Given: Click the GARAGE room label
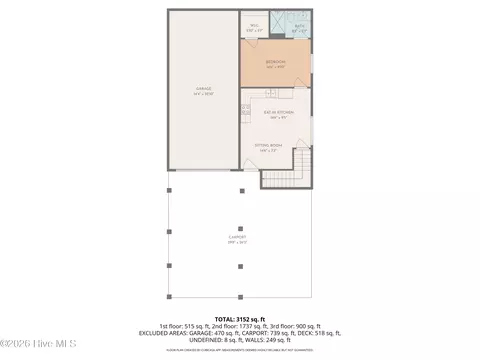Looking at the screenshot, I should (203, 90).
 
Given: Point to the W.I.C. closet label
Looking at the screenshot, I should (254, 29).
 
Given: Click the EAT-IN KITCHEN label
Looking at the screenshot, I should (276, 113).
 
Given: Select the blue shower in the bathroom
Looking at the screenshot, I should (282, 21).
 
